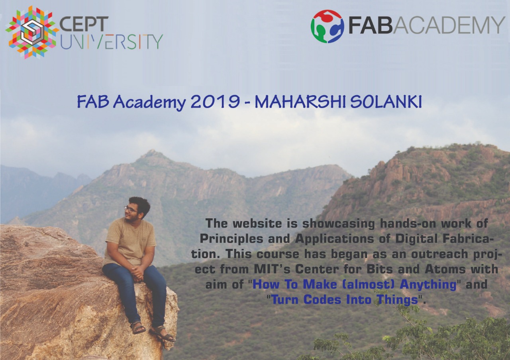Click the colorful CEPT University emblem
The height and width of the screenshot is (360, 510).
31,32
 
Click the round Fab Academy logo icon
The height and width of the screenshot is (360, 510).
327,26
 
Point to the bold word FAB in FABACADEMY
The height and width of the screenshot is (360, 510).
371,25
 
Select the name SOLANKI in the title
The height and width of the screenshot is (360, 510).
386,102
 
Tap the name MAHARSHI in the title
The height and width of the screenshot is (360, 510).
300,102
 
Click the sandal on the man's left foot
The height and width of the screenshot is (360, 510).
163,334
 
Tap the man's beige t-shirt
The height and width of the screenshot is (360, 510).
130,242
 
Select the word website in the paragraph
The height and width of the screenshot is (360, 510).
257,223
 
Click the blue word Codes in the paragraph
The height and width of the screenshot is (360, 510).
322,300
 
